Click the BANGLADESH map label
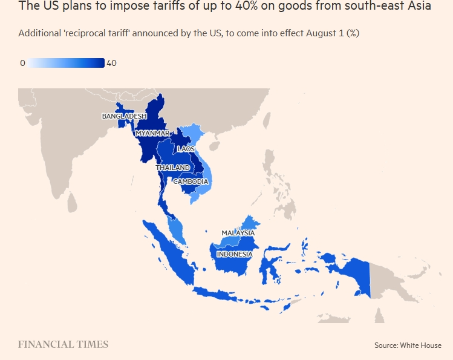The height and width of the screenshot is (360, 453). (124, 116)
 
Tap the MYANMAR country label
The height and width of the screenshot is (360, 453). (152, 133)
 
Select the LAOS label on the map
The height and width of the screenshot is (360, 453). (185, 148)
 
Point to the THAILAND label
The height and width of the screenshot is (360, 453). (172, 167)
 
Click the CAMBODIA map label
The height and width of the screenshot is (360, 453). (191, 182)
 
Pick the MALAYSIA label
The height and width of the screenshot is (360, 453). (238, 233)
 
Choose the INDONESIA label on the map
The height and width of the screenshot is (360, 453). (234, 254)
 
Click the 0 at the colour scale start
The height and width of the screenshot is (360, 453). (22, 63)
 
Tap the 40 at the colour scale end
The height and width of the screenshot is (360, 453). (111, 63)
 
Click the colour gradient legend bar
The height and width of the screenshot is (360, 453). (67, 63)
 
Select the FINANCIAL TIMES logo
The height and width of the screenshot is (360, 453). (63, 344)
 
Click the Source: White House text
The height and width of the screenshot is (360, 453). (408, 345)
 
